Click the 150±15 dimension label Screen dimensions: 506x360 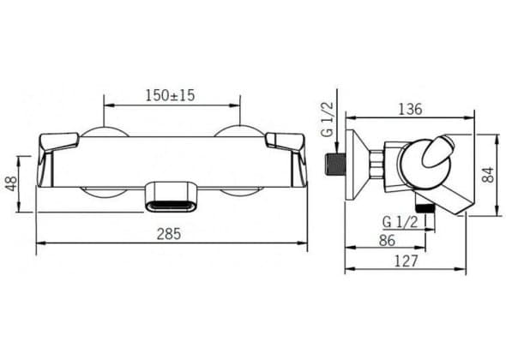[170, 95]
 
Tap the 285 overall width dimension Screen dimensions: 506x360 [169, 234]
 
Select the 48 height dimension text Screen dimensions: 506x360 [12, 184]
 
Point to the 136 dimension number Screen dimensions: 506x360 [410, 110]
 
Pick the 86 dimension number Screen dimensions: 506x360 [387, 240]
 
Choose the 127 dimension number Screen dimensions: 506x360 [407, 261]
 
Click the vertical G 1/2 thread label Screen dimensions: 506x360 [327, 118]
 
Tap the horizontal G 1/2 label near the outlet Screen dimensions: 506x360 [401, 222]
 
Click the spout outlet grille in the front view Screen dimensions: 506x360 [171, 205]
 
